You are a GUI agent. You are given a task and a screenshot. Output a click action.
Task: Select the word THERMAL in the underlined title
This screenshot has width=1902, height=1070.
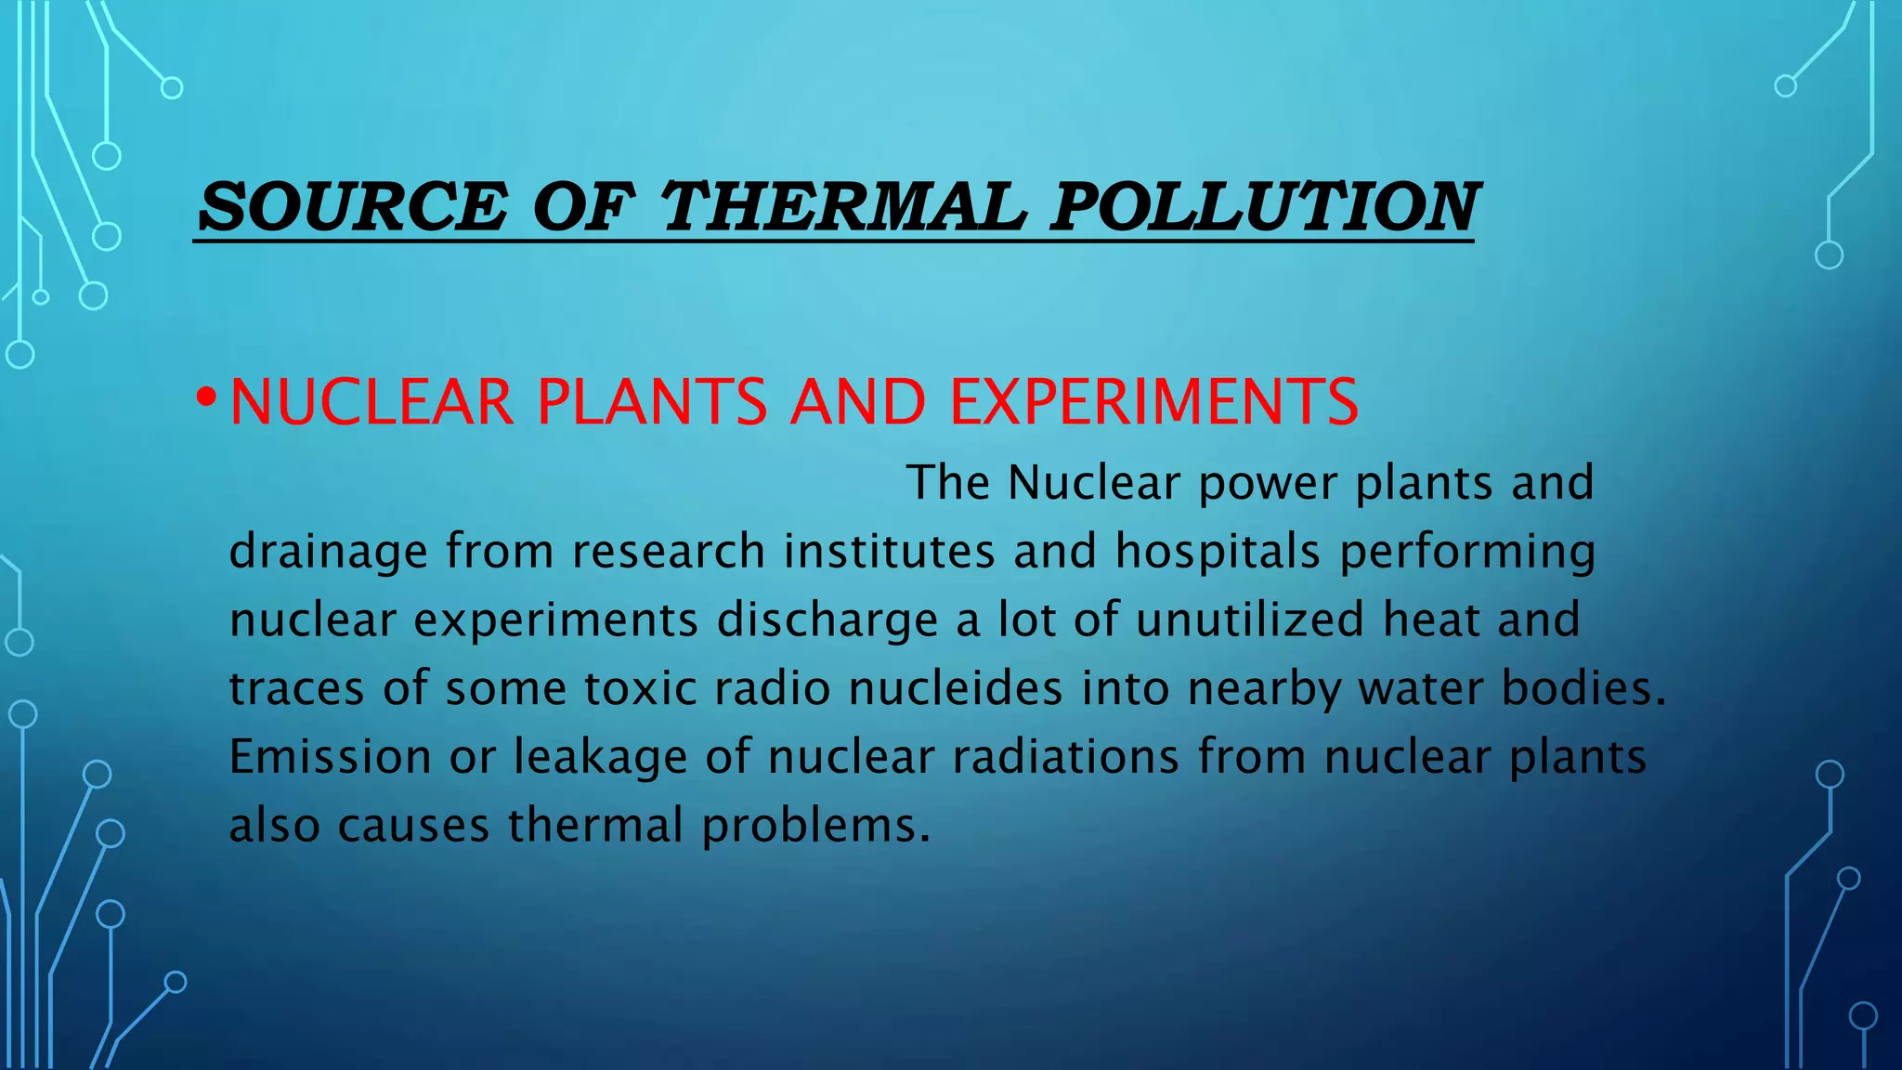843,205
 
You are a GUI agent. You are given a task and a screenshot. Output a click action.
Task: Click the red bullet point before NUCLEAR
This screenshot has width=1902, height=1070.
206,400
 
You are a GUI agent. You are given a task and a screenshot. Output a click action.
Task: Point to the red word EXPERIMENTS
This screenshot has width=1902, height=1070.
1153,402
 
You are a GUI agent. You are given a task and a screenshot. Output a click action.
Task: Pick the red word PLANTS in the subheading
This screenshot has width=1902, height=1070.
652,402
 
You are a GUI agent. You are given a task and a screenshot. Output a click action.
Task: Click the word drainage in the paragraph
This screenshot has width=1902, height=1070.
328,552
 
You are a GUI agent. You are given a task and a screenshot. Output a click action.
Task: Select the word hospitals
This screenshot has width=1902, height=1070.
1217,552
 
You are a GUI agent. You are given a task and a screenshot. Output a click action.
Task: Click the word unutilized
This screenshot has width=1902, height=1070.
1249,620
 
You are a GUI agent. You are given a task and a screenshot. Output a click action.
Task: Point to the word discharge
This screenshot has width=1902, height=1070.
827,620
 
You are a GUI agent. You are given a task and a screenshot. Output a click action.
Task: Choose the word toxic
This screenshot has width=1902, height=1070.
640,688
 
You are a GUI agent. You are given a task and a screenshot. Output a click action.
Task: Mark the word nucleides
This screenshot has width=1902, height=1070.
955,688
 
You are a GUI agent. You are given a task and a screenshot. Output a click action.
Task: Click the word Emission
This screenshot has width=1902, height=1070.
330,756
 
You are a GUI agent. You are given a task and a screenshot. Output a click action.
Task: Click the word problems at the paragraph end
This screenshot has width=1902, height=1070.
815,826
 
